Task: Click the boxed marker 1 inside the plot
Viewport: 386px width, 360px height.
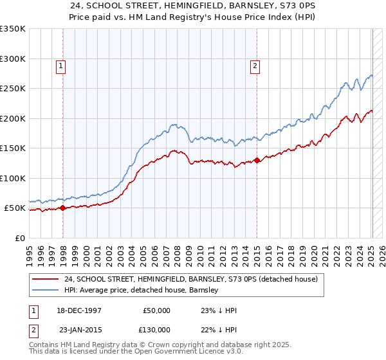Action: point(60,65)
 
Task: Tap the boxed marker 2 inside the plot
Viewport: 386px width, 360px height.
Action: point(255,65)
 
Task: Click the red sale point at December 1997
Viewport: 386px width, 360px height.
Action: point(62,208)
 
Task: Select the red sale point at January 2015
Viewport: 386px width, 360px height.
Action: point(257,160)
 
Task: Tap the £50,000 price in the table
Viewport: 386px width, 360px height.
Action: point(156,310)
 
